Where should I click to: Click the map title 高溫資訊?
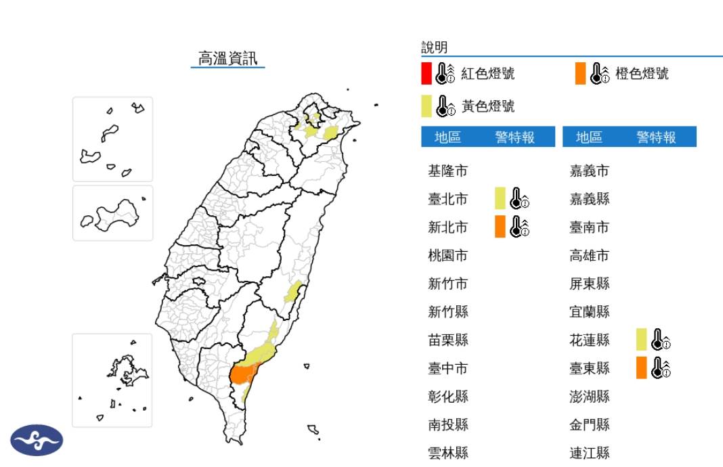click(227, 58)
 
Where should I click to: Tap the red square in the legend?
click(426, 73)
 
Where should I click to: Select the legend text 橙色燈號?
click(642, 73)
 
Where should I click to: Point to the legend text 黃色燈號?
click(487, 106)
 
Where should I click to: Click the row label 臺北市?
click(447, 199)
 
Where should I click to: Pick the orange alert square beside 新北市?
click(500, 227)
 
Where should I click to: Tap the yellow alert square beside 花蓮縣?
click(641, 340)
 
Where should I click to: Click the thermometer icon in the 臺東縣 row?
click(660, 368)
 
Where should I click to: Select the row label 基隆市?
click(447, 171)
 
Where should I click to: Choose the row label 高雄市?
click(590, 255)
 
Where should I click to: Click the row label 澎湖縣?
click(590, 396)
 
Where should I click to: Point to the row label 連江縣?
click(590, 453)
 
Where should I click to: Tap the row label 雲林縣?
click(447, 453)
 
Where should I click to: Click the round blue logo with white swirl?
click(37, 440)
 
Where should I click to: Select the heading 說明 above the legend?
click(434, 47)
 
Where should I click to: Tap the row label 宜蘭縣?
click(590, 311)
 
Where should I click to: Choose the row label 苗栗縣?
click(447, 340)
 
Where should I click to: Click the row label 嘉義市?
click(590, 171)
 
